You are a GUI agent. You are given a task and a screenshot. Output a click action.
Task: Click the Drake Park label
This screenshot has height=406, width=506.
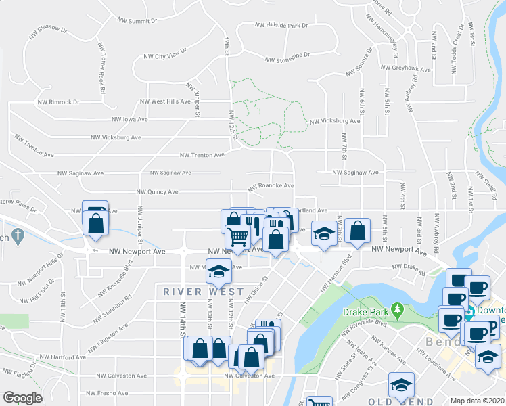364,313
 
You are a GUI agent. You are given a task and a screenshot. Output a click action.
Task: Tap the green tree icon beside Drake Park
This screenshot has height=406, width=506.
398,312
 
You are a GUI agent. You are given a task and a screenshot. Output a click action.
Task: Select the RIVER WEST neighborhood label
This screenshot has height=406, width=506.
203,292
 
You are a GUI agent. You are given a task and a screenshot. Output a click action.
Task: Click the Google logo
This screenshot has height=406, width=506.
22,397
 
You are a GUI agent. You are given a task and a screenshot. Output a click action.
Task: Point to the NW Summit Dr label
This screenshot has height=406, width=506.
137,21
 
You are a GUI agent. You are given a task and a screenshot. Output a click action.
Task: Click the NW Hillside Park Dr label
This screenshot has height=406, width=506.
281,25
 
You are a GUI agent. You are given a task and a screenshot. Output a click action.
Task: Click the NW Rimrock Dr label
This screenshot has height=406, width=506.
55,102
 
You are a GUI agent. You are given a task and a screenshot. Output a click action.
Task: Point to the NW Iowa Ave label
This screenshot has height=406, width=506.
135,118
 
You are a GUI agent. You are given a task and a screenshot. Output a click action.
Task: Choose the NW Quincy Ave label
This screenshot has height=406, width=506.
157,191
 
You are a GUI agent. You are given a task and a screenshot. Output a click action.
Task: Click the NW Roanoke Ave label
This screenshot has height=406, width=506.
271,185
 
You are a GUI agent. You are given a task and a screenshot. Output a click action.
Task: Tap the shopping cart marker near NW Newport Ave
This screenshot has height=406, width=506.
238,237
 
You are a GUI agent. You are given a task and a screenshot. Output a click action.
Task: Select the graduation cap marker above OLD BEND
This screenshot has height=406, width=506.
401,385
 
